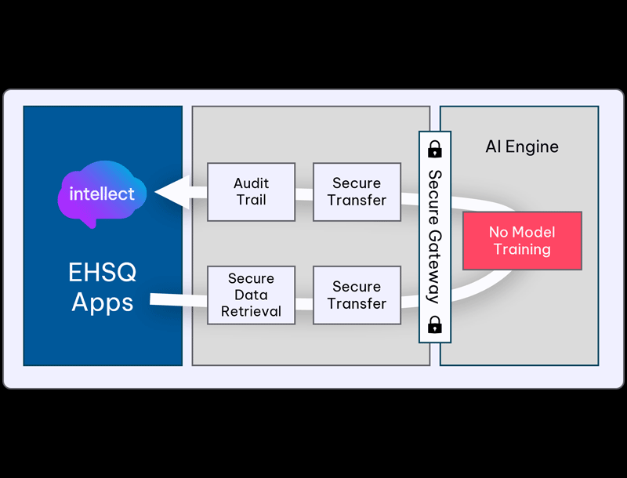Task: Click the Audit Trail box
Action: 251,192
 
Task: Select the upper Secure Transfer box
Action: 357,192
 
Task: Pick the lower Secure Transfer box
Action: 357,295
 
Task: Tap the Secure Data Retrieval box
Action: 251,295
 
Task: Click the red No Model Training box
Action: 522,241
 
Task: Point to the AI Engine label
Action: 522,147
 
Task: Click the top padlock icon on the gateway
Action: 434,148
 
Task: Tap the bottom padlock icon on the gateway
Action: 434,325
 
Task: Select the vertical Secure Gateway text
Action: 434,236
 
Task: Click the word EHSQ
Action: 102,273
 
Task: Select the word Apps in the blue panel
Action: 102,302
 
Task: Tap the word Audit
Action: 251,183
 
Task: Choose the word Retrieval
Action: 251,312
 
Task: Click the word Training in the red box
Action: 522,250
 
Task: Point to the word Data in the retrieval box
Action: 251,295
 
